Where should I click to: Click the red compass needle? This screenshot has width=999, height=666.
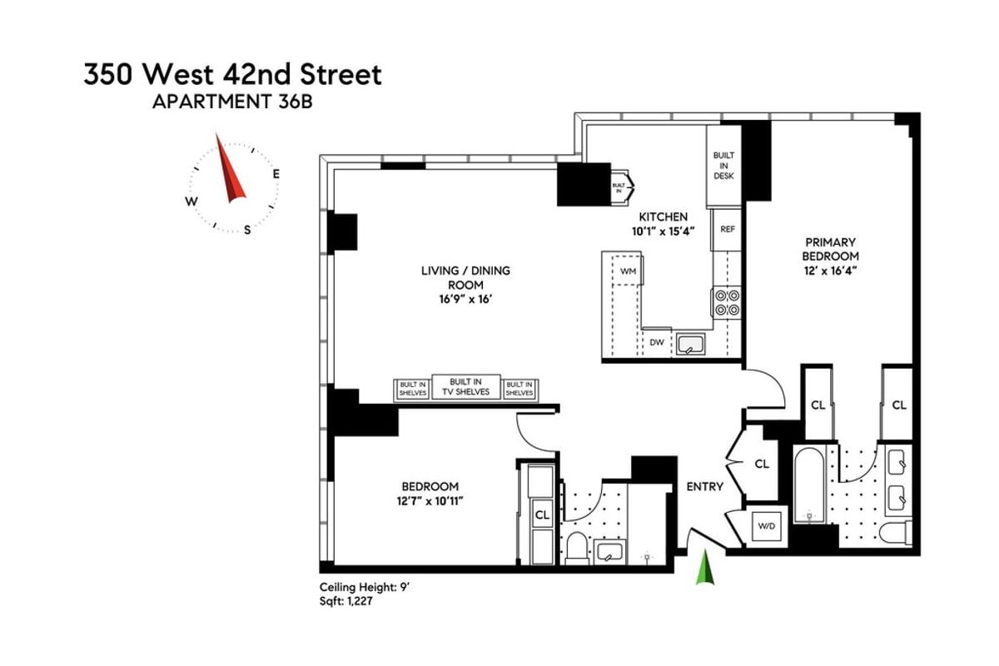[230, 171]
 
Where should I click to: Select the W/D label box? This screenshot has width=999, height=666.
[765, 525]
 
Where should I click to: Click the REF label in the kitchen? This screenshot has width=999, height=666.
[727, 229]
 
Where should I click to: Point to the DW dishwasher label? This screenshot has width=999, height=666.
[656, 342]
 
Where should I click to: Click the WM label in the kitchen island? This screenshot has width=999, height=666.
[628, 271]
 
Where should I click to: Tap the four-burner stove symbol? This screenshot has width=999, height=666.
[726, 302]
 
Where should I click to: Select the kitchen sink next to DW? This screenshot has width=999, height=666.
[690, 342]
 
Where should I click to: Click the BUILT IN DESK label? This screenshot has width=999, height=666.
[723, 166]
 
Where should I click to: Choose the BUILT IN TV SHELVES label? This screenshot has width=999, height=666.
[465, 386]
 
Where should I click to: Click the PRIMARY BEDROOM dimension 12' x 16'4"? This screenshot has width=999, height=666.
[830, 270]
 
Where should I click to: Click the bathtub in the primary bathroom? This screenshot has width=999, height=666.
[808, 485]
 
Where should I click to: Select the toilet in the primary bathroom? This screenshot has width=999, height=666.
[897, 533]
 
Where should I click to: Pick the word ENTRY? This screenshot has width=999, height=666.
[704, 486]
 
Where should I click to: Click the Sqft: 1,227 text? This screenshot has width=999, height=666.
[345, 601]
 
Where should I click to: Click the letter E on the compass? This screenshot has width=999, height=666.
[276, 174]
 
